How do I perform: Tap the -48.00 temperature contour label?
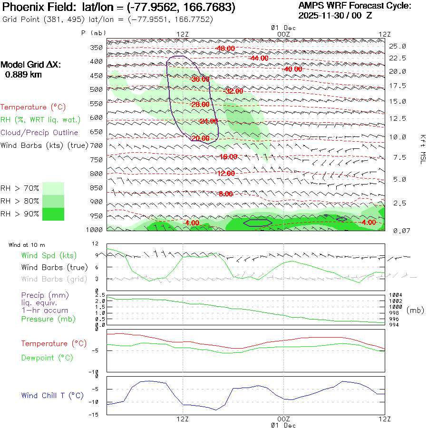(x=225, y=49)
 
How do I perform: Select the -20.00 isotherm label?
(x=200, y=138)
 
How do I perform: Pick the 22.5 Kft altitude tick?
(x=398, y=58)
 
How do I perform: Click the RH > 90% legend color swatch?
(x=53, y=214)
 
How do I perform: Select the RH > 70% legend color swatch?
(x=53, y=188)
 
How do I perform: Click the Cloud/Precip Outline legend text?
(x=39, y=133)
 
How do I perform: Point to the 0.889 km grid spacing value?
(x=23, y=75)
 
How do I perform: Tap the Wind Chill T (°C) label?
(x=52, y=396)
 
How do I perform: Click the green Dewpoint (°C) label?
(x=47, y=358)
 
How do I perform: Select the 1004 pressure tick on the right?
(x=396, y=295)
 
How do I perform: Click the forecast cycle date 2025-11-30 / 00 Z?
(x=335, y=16)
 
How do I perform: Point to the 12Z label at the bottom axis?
(x=183, y=419)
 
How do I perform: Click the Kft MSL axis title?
(x=421, y=149)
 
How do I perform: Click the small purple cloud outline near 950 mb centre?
(x=257, y=223)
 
